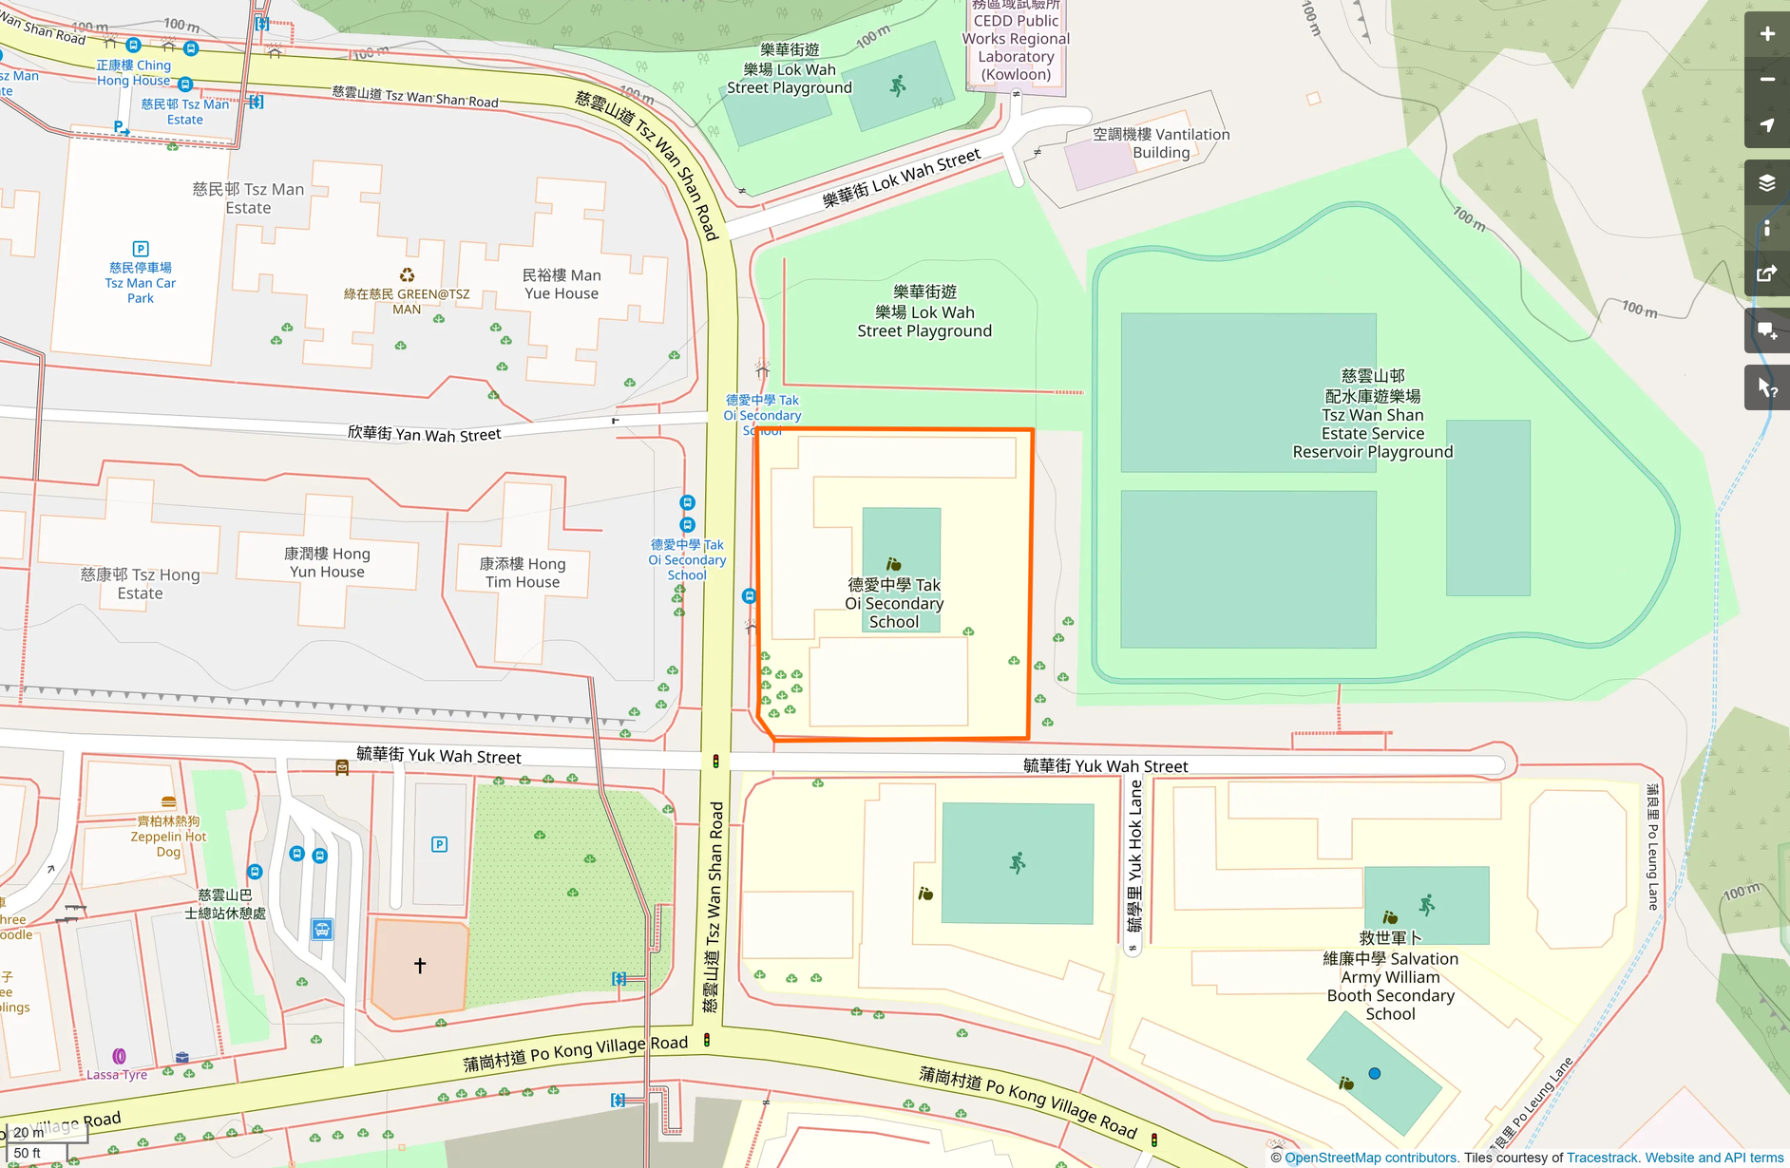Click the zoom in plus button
click(1766, 34)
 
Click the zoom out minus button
click(1766, 80)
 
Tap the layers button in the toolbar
click(1766, 182)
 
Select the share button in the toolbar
click(1766, 274)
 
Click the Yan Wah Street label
click(424, 434)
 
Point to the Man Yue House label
click(562, 284)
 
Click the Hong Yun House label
click(327, 562)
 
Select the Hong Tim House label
click(523, 573)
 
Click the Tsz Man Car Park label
click(141, 283)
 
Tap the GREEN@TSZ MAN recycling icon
click(407, 275)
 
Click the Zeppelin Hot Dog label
click(168, 837)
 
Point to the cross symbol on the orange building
click(420, 965)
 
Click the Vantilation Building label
click(1161, 143)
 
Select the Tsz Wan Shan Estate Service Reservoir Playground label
click(1372, 414)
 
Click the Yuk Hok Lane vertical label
click(1134, 856)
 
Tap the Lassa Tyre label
click(117, 1075)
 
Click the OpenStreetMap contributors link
click(1370, 1158)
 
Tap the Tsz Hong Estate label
click(141, 584)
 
